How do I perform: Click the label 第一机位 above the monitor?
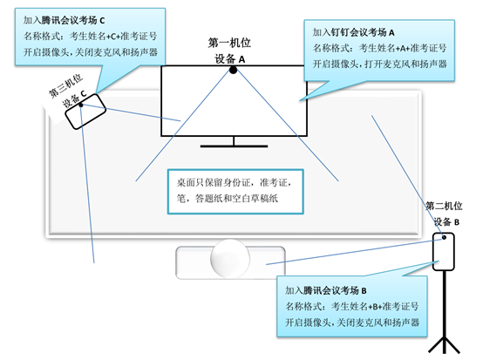pyautogui.click(x=229, y=43)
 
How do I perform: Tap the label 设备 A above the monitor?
pyautogui.click(x=230, y=58)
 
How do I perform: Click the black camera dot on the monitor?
pyautogui.click(x=233, y=71)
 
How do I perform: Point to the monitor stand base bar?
pyautogui.click(x=234, y=146)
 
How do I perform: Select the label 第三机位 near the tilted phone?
pyautogui.click(x=65, y=86)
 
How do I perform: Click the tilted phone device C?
pyautogui.click(x=85, y=112)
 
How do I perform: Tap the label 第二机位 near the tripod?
pyautogui.click(x=444, y=206)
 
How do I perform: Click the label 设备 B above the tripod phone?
pyautogui.click(x=446, y=221)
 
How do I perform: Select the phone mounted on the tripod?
pyautogui.click(x=444, y=252)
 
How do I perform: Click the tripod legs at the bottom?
pyautogui.click(x=444, y=345)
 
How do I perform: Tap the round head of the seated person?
pyautogui.click(x=230, y=258)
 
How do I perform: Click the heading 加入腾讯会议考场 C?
pyautogui.click(x=64, y=20)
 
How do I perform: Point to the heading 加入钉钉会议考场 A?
pyautogui.click(x=354, y=32)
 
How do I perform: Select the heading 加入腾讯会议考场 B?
pyautogui.click(x=326, y=290)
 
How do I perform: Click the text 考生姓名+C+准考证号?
pyautogui.click(x=113, y=37)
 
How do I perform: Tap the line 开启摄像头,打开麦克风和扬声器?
pyautogui.click(x=380, y=64)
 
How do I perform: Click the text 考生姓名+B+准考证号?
pyautogui.click(x=375, y=306)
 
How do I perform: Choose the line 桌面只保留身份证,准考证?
pyautogui.click(x=235, y=182)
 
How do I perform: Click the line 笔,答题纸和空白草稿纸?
pyautogui.click(x=228, y=199)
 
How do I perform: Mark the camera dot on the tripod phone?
pyautogui.click(x=444, y=237)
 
